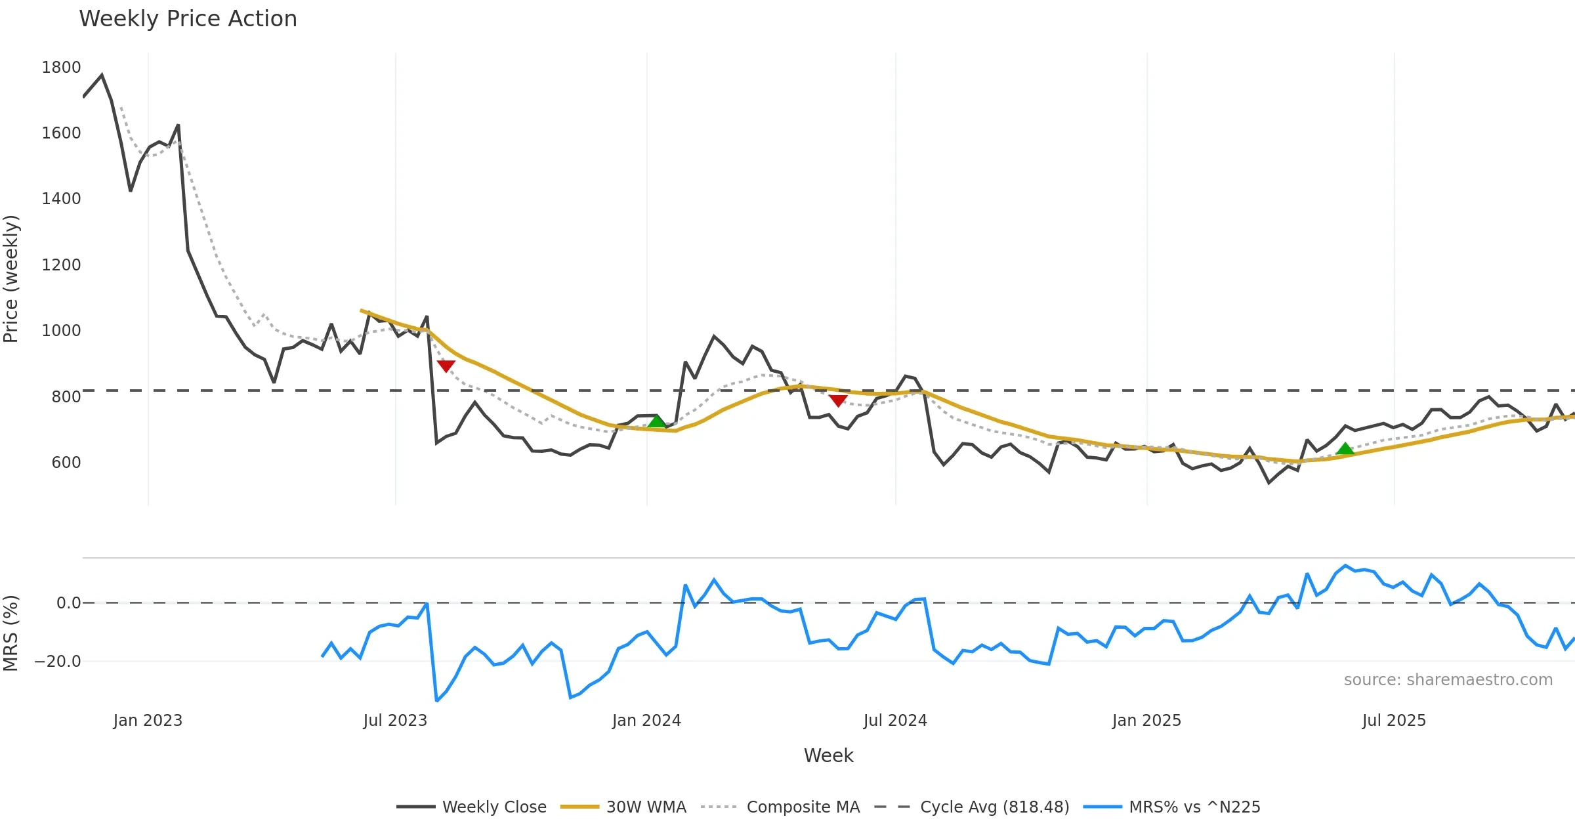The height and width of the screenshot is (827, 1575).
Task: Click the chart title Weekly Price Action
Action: [x=188, y=19]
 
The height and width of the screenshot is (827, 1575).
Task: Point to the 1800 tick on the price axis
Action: [x=61, y=68]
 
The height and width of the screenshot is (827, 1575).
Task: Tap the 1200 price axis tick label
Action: [x=61, y=265]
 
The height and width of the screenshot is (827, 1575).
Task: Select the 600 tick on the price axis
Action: [x=66, y=462]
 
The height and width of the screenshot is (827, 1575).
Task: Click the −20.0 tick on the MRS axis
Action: [x=58, y=661]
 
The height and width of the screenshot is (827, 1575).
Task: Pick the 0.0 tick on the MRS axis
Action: [x=68, y=603]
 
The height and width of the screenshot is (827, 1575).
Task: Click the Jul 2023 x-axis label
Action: [x=395, y=720]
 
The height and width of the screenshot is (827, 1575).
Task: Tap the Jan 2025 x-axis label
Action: [x=1146, y=720]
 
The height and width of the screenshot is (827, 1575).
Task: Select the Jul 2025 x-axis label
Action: [x=1394, y=720]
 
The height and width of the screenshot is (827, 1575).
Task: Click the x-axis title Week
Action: [x=828, y=755]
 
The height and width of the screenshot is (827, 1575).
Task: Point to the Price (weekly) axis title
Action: [x=11, y=279]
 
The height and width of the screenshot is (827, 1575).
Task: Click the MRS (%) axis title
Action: [x=11, y=633]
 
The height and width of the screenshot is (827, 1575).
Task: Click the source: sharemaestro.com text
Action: [x=1448, y=679]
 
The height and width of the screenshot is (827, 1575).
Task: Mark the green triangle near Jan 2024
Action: [x=657, y=421]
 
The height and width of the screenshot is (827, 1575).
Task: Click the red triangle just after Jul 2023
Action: [x=446, y=366]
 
